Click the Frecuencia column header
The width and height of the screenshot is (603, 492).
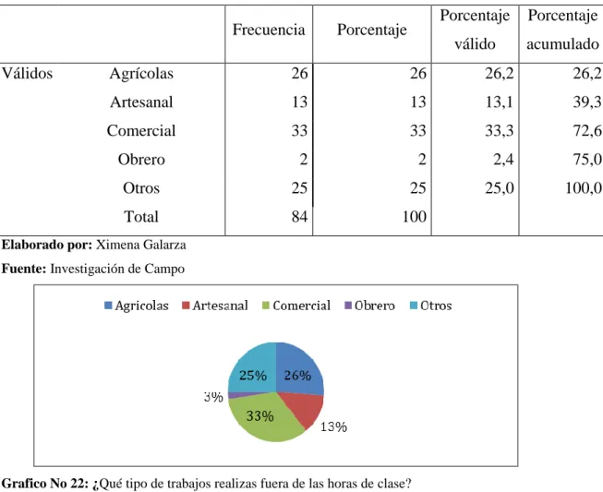269,30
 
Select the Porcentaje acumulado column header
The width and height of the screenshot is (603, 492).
562,30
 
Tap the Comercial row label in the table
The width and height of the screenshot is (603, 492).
141,131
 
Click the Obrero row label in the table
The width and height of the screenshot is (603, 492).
141,160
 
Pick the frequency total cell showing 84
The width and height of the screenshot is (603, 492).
299,217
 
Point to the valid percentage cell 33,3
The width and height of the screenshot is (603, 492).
500,131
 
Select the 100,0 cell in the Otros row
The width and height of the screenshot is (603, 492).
584,188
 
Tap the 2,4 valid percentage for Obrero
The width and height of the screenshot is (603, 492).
503,160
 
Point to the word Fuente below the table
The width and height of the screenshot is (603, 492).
24,269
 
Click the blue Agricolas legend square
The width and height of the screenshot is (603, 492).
108,306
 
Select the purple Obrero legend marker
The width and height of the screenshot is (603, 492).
348,306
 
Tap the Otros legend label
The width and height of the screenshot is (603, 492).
436,306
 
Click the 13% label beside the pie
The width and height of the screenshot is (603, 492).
333,426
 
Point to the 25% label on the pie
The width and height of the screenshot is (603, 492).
253,375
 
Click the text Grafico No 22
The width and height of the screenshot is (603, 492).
45,483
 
